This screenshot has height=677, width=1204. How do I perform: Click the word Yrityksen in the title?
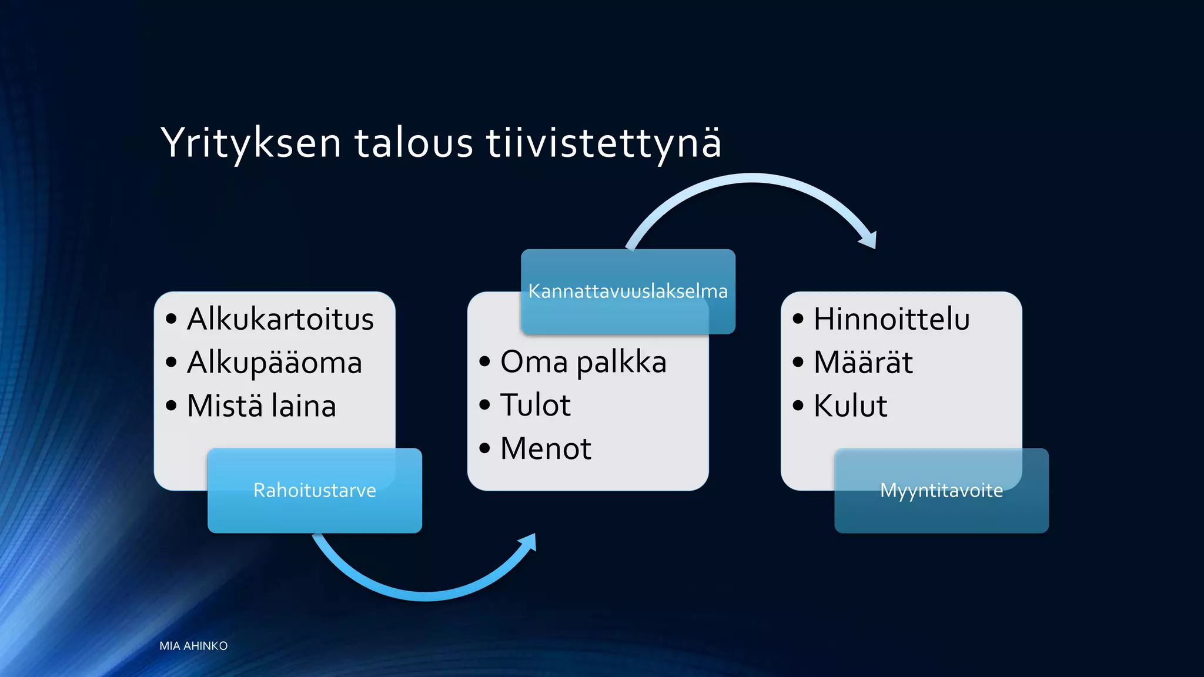251,143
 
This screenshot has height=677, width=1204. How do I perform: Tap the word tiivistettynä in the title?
604,143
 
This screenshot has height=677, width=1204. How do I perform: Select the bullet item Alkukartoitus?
280,319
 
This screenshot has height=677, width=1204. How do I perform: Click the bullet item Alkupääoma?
274,363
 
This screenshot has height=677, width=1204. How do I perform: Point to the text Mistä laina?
261,406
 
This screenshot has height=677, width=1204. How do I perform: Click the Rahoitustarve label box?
315,491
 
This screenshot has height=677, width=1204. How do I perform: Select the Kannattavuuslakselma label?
628,291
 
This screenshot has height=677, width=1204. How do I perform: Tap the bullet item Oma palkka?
583,362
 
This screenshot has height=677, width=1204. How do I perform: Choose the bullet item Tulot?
535,405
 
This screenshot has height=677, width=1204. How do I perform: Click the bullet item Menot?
546,449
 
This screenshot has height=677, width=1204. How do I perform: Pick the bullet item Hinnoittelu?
891,319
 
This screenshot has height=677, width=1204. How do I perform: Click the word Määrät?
863,363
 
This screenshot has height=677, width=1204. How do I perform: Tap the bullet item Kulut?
850,406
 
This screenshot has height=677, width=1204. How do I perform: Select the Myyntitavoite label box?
941,491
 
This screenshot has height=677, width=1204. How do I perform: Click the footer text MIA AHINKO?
193,646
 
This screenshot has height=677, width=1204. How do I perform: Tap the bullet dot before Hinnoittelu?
798,319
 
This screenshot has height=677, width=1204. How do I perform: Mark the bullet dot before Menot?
484,449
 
